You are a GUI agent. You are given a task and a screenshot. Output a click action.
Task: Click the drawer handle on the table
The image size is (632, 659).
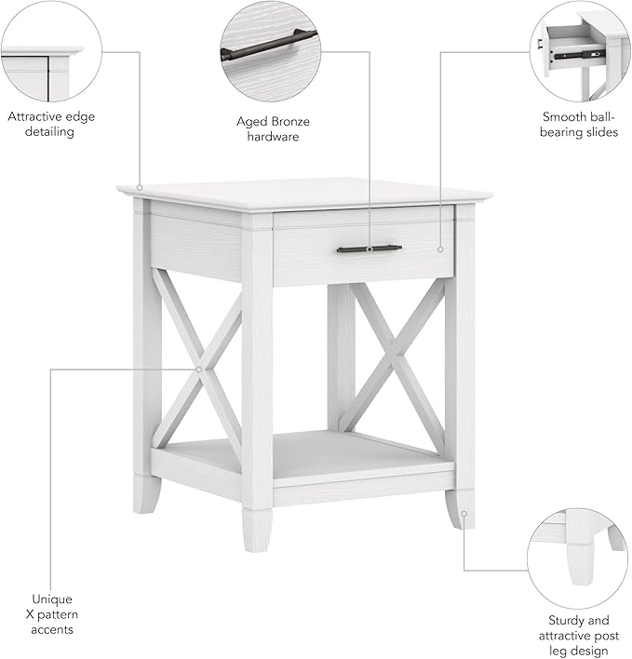coord(369,249)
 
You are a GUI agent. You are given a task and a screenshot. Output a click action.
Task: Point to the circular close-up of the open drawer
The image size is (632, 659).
coord(579,51)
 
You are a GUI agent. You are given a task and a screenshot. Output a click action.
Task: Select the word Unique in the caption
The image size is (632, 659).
coord(51,599)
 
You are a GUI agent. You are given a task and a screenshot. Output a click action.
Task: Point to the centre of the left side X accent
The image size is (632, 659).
coord(199,370)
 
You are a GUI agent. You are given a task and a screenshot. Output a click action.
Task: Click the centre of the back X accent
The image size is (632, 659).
coord(397,355)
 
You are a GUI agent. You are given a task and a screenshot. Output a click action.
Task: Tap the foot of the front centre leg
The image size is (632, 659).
coord(257,531)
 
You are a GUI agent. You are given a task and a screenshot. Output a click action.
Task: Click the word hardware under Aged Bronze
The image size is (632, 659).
coord(273,137)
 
